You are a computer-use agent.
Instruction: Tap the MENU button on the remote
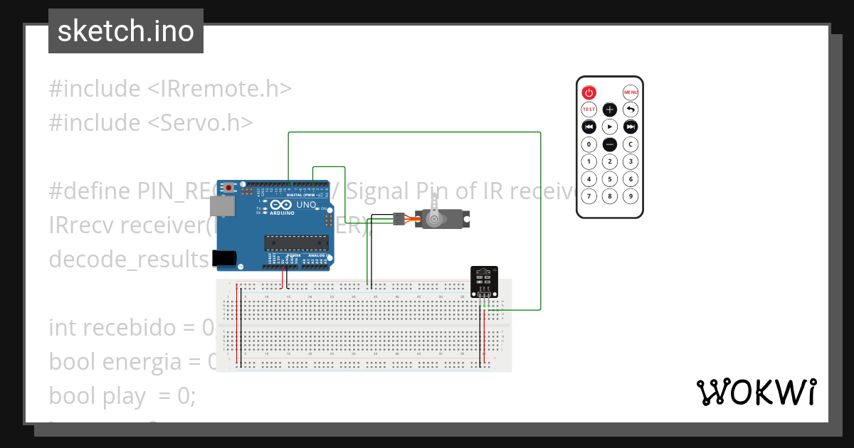[631, 92]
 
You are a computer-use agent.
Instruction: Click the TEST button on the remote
[589, 110]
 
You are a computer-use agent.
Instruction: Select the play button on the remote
[610, 127]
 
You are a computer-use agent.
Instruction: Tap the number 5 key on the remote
[610, 179]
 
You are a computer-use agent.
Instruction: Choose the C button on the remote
[631, 144]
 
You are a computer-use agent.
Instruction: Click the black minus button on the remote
[610, 144]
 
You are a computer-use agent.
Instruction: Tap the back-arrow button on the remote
[631, 110]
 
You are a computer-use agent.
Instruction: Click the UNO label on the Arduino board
[306, 205]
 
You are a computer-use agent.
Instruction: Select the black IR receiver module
[485, 282]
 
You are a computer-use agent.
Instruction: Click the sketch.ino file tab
[126, 31]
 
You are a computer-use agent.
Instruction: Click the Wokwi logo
[756, 393]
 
